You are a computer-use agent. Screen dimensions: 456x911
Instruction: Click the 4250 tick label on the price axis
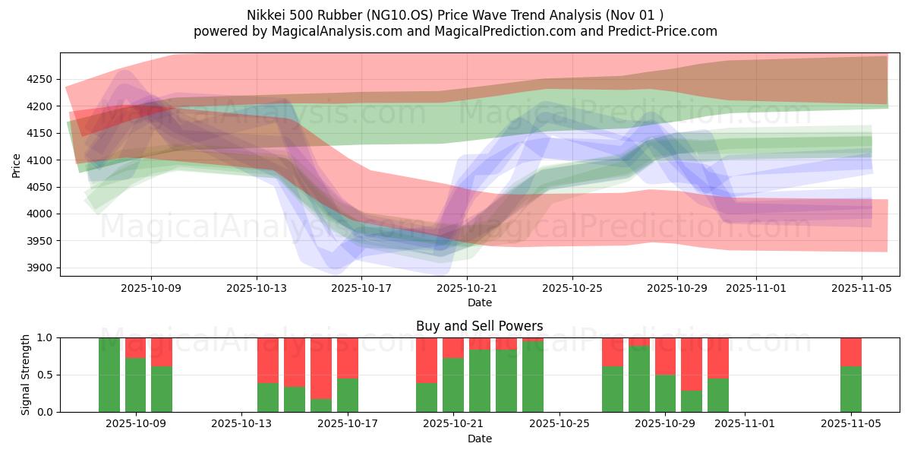(x=39, y=80)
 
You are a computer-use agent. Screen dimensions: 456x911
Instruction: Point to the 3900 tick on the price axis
(x=39, y=268)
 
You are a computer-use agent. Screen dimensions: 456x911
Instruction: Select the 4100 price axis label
(x=39, y=160)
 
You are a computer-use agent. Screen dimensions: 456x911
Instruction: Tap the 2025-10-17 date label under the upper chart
(x=361, y=289)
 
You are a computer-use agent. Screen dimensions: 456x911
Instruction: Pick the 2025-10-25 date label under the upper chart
(x=572, y=289)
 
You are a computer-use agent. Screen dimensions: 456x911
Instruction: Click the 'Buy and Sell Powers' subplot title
(x=479, y=326)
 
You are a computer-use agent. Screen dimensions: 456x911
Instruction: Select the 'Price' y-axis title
(x=17, y=164)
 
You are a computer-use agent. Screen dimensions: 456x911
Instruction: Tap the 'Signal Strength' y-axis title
(x=26, y=374)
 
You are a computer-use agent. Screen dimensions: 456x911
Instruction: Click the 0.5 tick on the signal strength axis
(x=46, y=375)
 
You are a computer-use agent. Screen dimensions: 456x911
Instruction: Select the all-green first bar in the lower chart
(x=109, y=375)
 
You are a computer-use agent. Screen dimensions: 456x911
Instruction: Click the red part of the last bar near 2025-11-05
(x=850, y=351)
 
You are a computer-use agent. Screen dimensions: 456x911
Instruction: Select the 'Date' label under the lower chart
(x=479, y=439)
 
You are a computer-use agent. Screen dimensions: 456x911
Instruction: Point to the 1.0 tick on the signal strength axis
(x=46, y=337)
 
